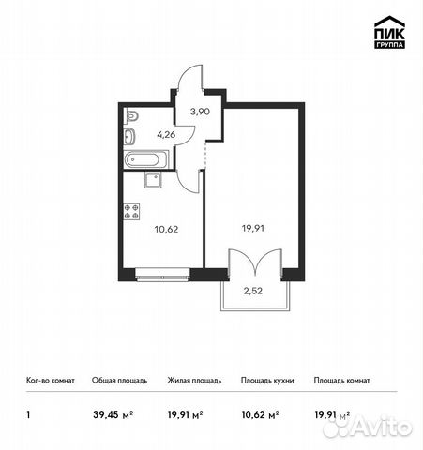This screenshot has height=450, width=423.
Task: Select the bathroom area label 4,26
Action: [166, 134]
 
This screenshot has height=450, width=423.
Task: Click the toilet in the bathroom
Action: [131, 117]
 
